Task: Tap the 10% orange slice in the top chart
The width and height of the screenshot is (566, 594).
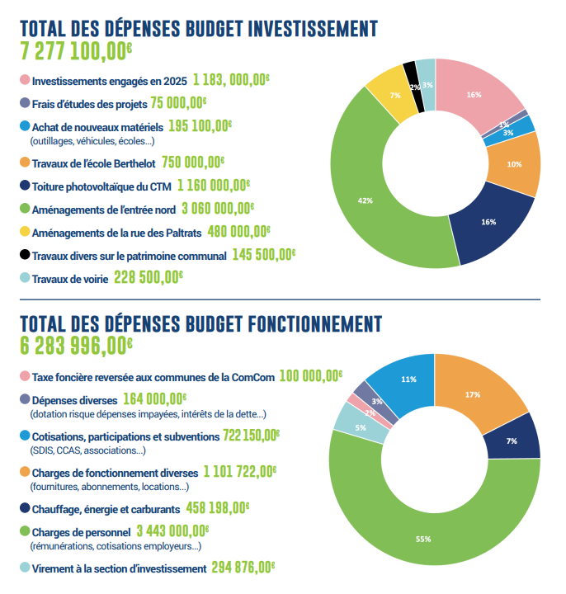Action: coord(514,164)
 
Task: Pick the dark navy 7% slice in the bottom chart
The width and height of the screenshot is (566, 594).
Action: coord(512,440)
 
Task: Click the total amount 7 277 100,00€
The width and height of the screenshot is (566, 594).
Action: coord(76,51)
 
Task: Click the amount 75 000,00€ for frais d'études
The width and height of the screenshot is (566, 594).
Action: coord(178,103)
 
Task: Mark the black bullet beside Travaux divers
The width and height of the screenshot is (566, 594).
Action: coord(25,255)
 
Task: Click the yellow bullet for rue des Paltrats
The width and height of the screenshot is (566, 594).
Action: coord(25,232)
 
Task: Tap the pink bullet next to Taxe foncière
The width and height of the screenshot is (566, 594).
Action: coord(25,376)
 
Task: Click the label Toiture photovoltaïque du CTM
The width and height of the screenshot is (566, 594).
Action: coord(111,186)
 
